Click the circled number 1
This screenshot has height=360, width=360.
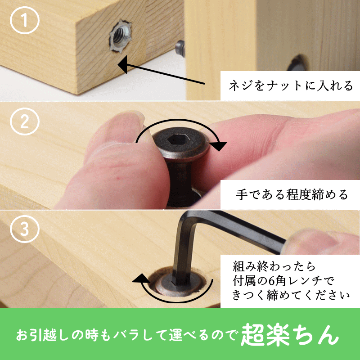25,20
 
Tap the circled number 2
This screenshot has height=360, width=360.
25,121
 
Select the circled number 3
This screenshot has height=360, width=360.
25,229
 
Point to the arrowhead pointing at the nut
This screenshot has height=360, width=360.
122,64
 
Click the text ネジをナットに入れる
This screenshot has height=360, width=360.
291,85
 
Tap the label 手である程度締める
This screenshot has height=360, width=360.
292,195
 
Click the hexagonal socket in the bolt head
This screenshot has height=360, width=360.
176,139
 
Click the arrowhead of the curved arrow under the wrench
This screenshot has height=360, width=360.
140,279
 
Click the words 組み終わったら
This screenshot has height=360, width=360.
274,266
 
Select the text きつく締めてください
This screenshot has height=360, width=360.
291,295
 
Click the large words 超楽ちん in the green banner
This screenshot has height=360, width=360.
290,335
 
